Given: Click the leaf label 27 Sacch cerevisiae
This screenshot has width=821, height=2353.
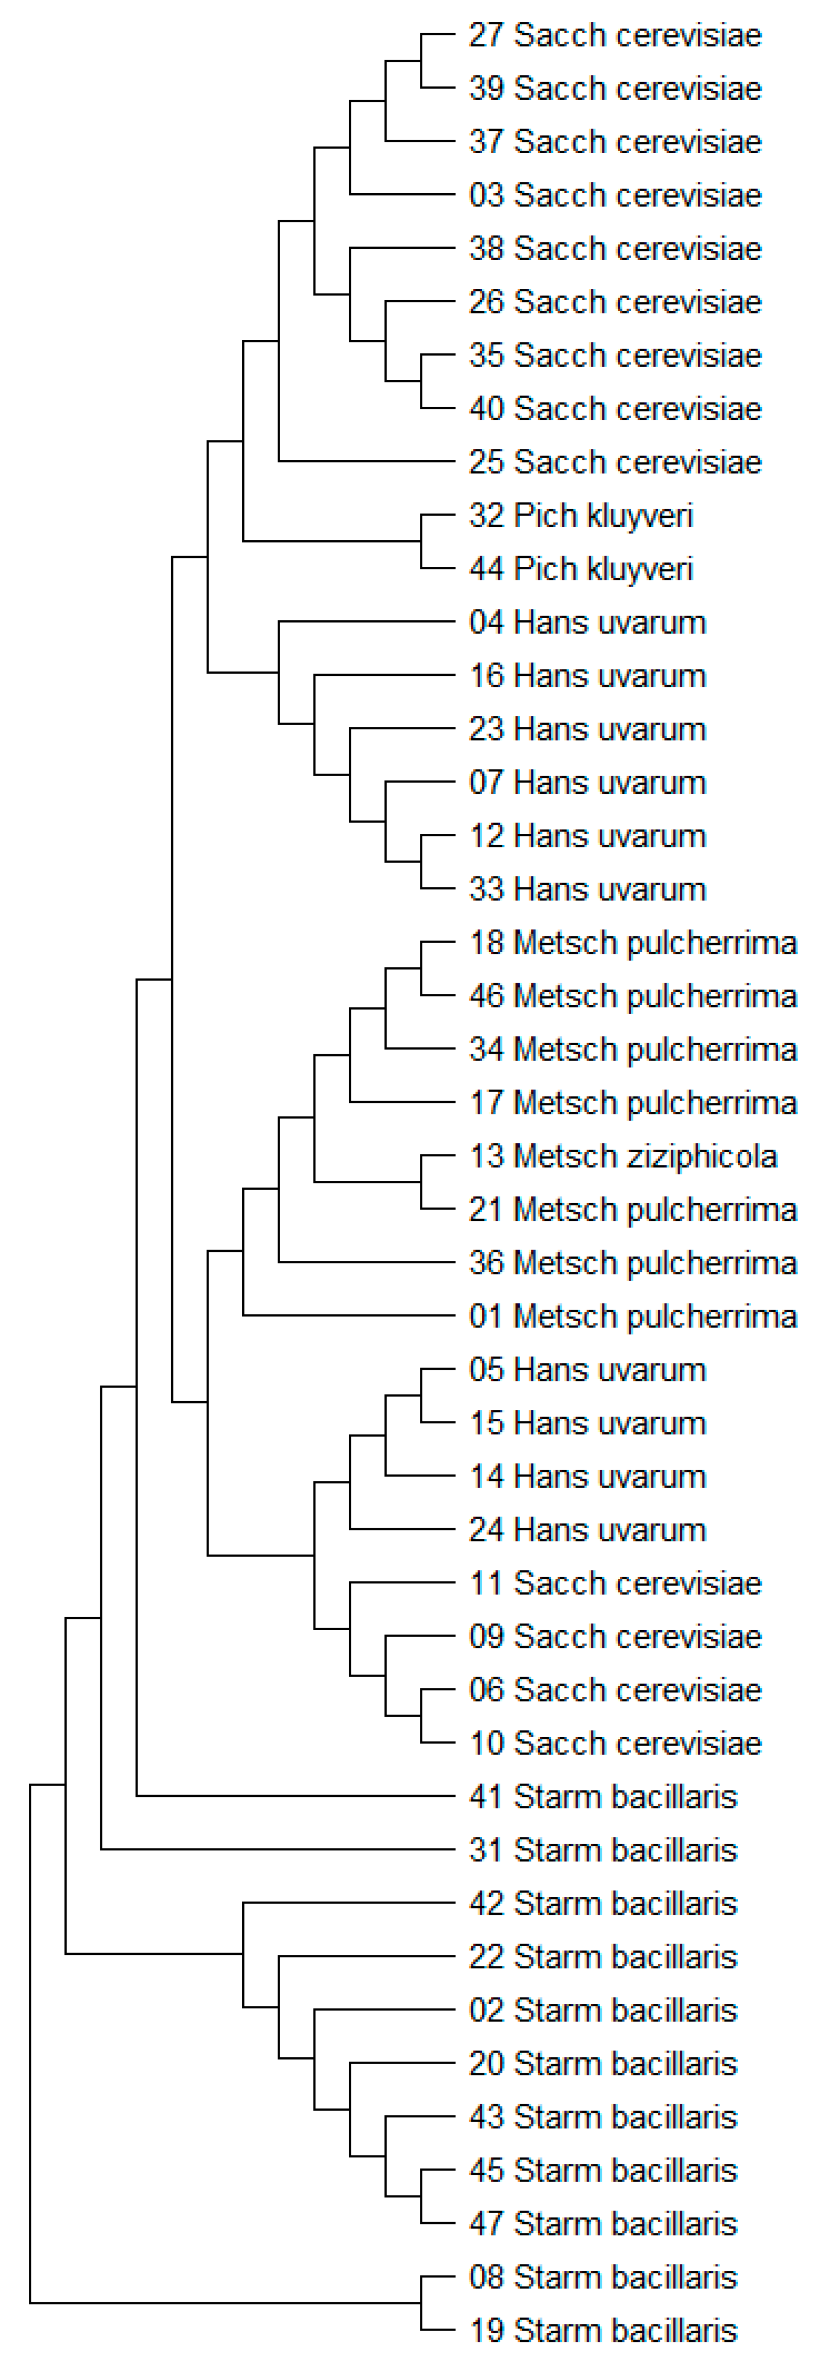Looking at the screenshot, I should (x=615, y=36).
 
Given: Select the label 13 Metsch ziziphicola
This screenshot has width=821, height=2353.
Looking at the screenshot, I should (x=623, y=1156).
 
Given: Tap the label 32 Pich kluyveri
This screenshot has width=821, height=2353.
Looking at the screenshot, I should (x=581, y=516).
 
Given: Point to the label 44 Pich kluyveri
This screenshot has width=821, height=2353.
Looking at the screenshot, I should (x=581, y=569).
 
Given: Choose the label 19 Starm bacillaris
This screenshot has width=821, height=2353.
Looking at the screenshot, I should (x=603, y=2330).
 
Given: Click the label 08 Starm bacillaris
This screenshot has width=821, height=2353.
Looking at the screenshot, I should (x=603, y=2277).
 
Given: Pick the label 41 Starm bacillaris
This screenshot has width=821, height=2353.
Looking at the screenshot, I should (x=603, y=1797).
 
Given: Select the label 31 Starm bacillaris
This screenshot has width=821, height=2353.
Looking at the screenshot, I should (x=603, y=1850).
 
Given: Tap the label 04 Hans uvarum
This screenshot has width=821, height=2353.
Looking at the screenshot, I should (x=587, y=623).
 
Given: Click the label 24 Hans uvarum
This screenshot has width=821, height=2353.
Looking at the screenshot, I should (x=587, y=1530).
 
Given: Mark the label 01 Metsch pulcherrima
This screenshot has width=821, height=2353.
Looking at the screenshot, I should (x=633, y=1316).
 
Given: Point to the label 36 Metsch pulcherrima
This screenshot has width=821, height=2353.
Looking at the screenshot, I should (x=633, y=1264).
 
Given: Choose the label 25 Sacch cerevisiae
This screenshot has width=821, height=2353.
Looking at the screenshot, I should (x=615, y=462).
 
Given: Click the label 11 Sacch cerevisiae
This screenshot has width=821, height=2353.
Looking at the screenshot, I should (x=615, y=1583).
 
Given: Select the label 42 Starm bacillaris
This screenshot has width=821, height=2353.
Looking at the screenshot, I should (x=603, y=1904).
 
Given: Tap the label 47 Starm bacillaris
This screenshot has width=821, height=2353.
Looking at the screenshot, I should (x=603, y=2223).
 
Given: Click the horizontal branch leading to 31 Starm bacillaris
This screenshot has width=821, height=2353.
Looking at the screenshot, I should (x=274, y=1850).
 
